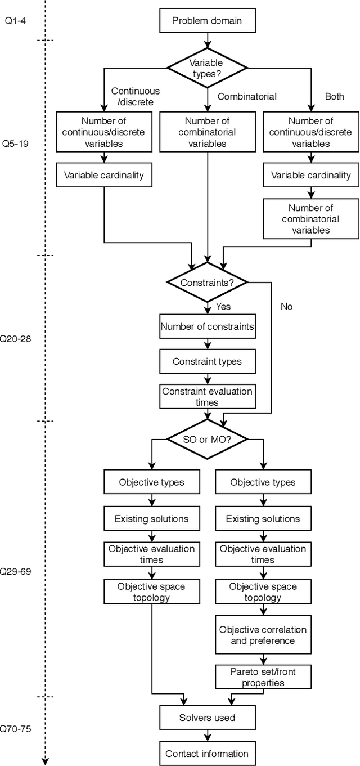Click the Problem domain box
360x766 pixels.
[x=207, y=21]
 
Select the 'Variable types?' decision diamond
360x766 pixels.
[x=207, y=68]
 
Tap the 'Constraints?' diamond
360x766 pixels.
[x=207, y=282]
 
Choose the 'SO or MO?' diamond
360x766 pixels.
[x=207, y=438]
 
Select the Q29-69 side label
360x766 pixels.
[x=15, y=572]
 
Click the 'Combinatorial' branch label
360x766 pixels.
[x=247, y=96]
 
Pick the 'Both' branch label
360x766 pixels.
[x=334, y=96]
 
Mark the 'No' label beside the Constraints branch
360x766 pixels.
[x=286, y=307]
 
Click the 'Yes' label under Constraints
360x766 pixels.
[x=223, y=307]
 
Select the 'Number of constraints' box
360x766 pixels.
[x=207, y=326]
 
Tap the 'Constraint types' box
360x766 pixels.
[x=207, y=361]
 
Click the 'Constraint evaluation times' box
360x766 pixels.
[x=207, y=397]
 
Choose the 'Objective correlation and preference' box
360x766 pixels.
[x=263, y=635]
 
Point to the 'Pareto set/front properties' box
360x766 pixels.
[x=263, y=677]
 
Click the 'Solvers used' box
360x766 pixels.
[x=207, y=718]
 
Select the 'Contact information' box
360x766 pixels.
[x=207, y=754]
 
